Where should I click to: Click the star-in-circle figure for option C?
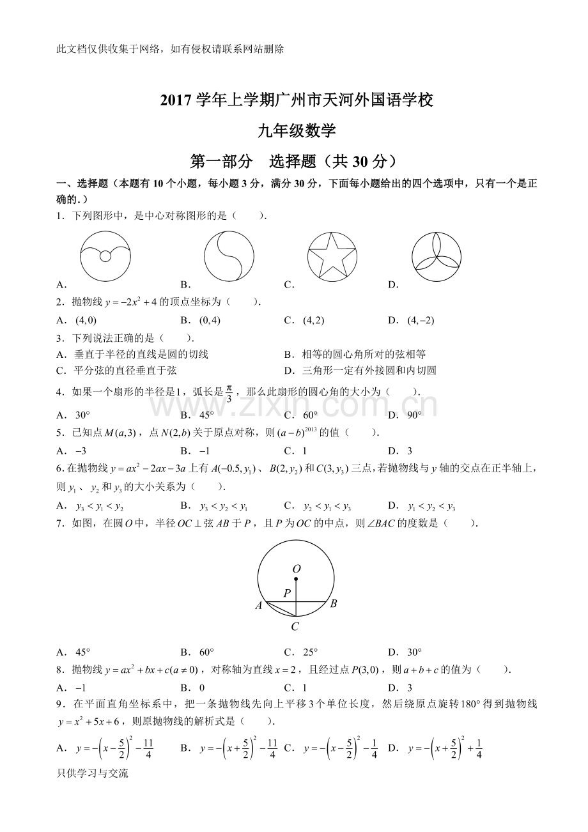coord(332,256)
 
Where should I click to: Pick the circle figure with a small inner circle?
coord(105,256)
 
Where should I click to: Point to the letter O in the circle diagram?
coord(296,568)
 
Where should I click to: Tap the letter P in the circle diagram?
coord(287,593)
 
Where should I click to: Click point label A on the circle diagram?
coord(259,605)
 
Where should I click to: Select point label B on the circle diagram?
coord(333,603)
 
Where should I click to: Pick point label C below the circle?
coord(295,627)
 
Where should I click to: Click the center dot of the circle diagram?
coord(296,579)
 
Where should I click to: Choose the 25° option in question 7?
coord(310,652)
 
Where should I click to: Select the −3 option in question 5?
coord(81,451)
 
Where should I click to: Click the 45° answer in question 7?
coord(82,652)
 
